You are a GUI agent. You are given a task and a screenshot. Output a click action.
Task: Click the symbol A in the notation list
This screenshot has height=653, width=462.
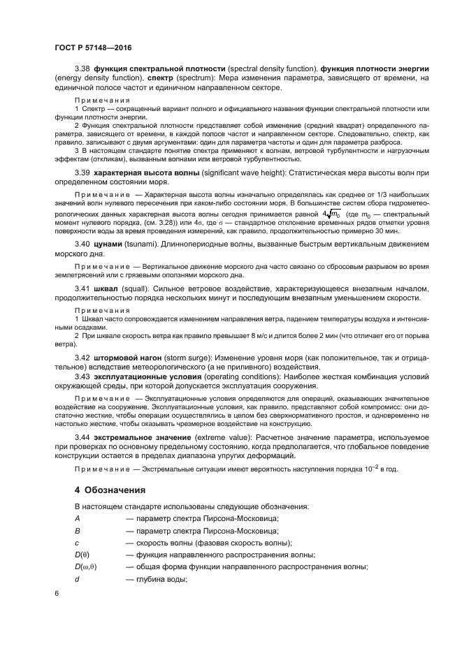coord(77,518)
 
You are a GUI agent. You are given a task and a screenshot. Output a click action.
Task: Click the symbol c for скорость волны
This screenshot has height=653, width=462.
coord(77,543)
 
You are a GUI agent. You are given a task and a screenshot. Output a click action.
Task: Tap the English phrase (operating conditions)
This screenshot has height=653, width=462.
coord(245,376)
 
